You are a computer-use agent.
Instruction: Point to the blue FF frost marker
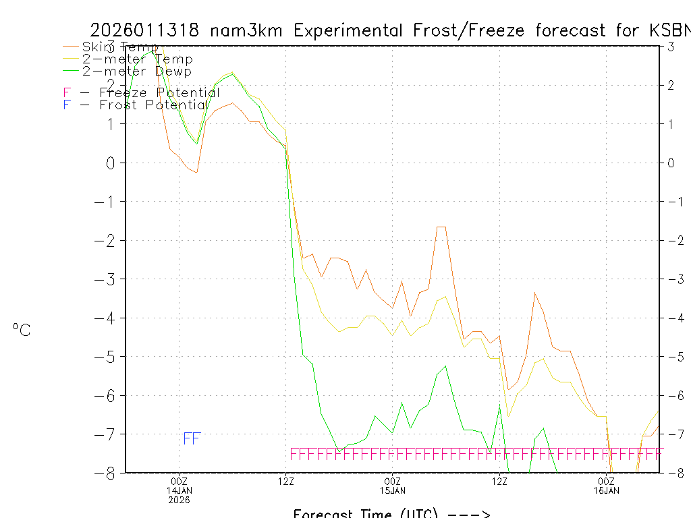(x=192, y=438)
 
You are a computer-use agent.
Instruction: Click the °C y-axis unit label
(x=22, y=330)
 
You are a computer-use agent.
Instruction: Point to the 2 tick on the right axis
(x=671, y=85)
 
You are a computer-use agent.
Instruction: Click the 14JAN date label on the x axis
(x=179, y=490)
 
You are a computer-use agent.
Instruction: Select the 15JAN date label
(x=393, y=490)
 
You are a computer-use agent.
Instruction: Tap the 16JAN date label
(x=606, y=490)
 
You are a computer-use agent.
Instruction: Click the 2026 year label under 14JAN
(x=179, y=500)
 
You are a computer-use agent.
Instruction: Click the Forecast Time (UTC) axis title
(x=365, y=513)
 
